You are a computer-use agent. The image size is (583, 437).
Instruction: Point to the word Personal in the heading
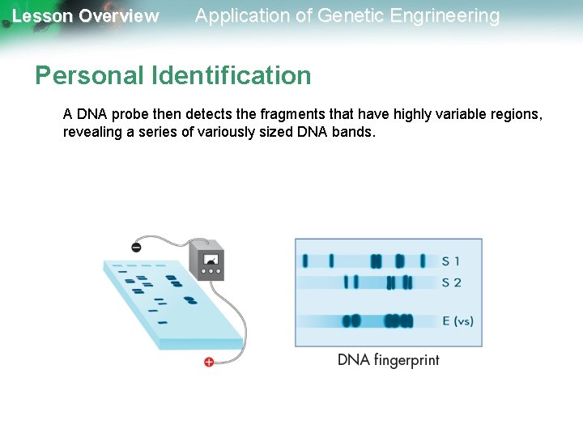[x=89, y=76]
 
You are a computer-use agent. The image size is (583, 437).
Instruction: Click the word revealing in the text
[x=93, y=133]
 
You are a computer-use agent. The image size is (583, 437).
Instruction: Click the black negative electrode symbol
[x=136, y=246]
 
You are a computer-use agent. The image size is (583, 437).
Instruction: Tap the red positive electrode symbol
[x=209, y=361]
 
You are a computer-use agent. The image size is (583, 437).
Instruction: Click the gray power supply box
[x=206, y=260]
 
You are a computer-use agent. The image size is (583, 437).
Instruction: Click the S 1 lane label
[x=451, y=261]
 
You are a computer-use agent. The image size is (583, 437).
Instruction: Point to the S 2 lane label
[x=451, y=282]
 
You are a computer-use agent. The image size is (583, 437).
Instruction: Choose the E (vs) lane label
[x=457, y=321]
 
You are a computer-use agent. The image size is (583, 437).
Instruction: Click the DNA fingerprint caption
[x=388, y=360]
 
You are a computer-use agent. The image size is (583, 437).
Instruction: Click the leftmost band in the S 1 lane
[x=305, y=261]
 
